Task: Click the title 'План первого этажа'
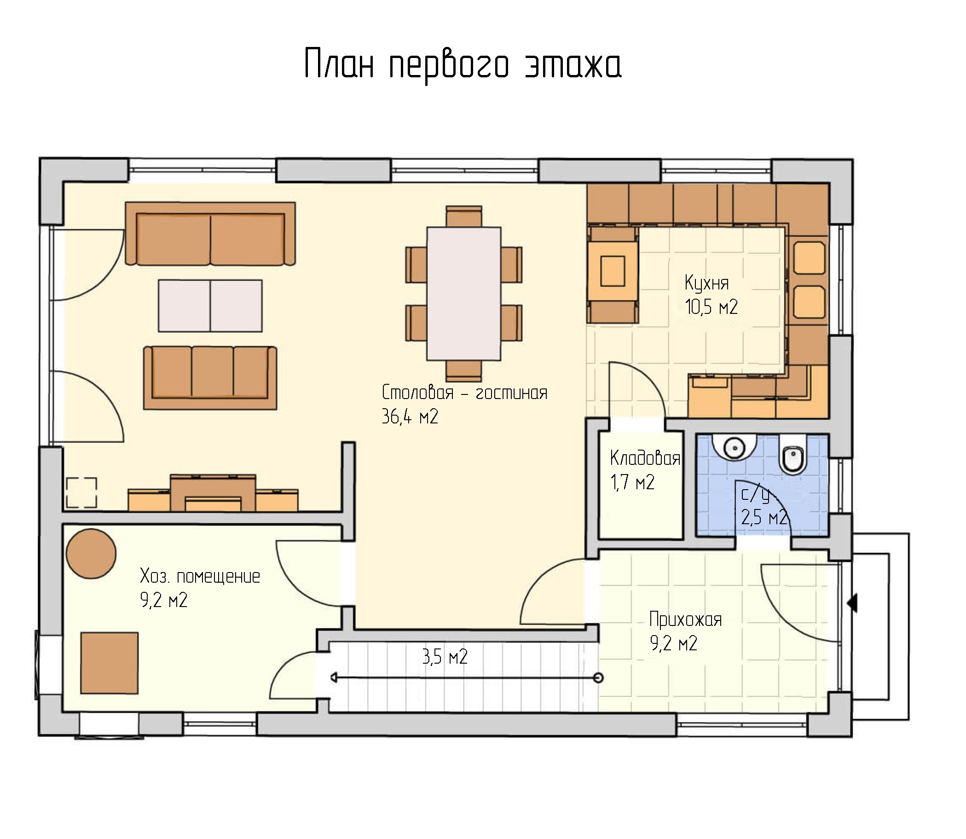pos(463,64)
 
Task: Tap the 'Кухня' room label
pos(706,284)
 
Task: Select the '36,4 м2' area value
pos(410,416)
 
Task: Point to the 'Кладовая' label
pos(645,458)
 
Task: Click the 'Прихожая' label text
pos(686,620)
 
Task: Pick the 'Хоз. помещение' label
pos(200,576)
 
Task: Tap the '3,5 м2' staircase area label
pos(445,657)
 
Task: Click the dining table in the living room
pos(463,294)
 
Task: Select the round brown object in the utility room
pos(91,554)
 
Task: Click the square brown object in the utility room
pos(109,663)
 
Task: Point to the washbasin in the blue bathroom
pos(734,448)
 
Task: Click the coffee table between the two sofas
pos(210,306)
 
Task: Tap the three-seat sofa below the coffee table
pos(210,378)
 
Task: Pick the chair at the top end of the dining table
pos(463,216)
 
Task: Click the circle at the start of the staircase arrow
pos(598,677)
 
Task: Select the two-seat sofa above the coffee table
pos(210,234)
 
